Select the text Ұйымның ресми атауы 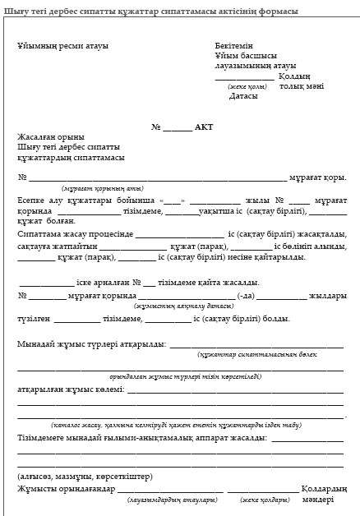tap(62, 46)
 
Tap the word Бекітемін tap(234, 46)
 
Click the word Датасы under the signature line tap(243, 95)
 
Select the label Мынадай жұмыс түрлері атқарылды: tap(91, 344)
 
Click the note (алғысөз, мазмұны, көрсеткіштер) tap(83, 476)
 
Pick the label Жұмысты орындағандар tap(67, 489)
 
